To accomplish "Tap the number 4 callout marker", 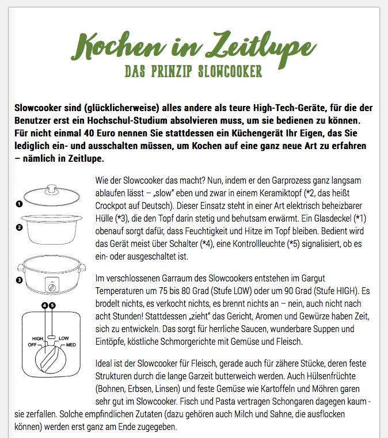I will coord(44,305).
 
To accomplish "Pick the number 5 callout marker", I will coord(52,305).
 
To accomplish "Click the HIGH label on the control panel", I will coord(38,338).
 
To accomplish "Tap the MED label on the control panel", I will coord(71,344).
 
